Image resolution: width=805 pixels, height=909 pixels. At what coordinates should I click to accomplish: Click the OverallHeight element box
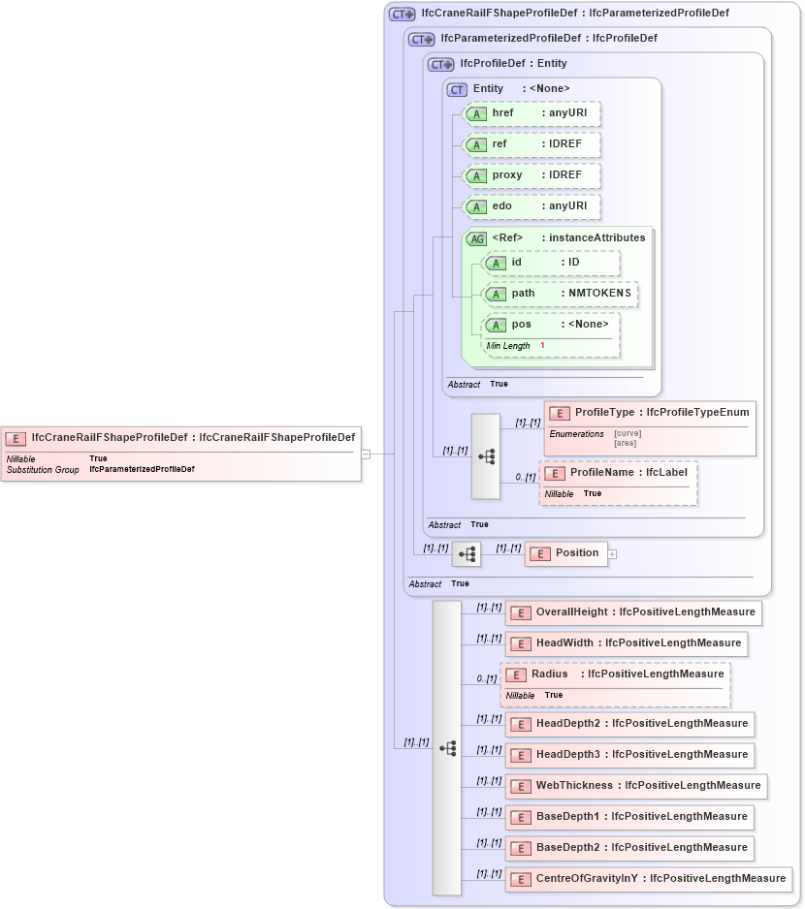[632, 612]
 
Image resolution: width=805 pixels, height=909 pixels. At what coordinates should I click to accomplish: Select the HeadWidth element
[626, 643]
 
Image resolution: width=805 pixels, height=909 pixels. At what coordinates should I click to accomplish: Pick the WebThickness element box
[635, 785]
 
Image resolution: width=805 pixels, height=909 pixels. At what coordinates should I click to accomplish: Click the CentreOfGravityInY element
[648, 878]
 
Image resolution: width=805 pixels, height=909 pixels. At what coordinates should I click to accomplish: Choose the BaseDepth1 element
[628, 816]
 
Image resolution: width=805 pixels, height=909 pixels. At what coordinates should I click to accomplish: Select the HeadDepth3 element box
[628, 754]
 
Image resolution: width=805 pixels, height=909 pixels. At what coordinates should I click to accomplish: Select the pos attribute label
[522, 324]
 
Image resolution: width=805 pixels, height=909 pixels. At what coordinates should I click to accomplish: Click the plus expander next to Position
[612, 554]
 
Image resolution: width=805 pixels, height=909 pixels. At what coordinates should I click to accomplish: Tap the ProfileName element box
[618, 472]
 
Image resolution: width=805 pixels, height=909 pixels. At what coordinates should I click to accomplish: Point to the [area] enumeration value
[627, 442]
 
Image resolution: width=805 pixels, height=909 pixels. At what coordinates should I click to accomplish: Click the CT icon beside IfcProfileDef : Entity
[441, 64]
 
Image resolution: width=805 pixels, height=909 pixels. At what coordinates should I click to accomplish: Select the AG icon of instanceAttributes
[476, 238]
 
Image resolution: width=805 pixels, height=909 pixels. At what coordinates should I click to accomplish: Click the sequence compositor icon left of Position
[467, 554]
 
